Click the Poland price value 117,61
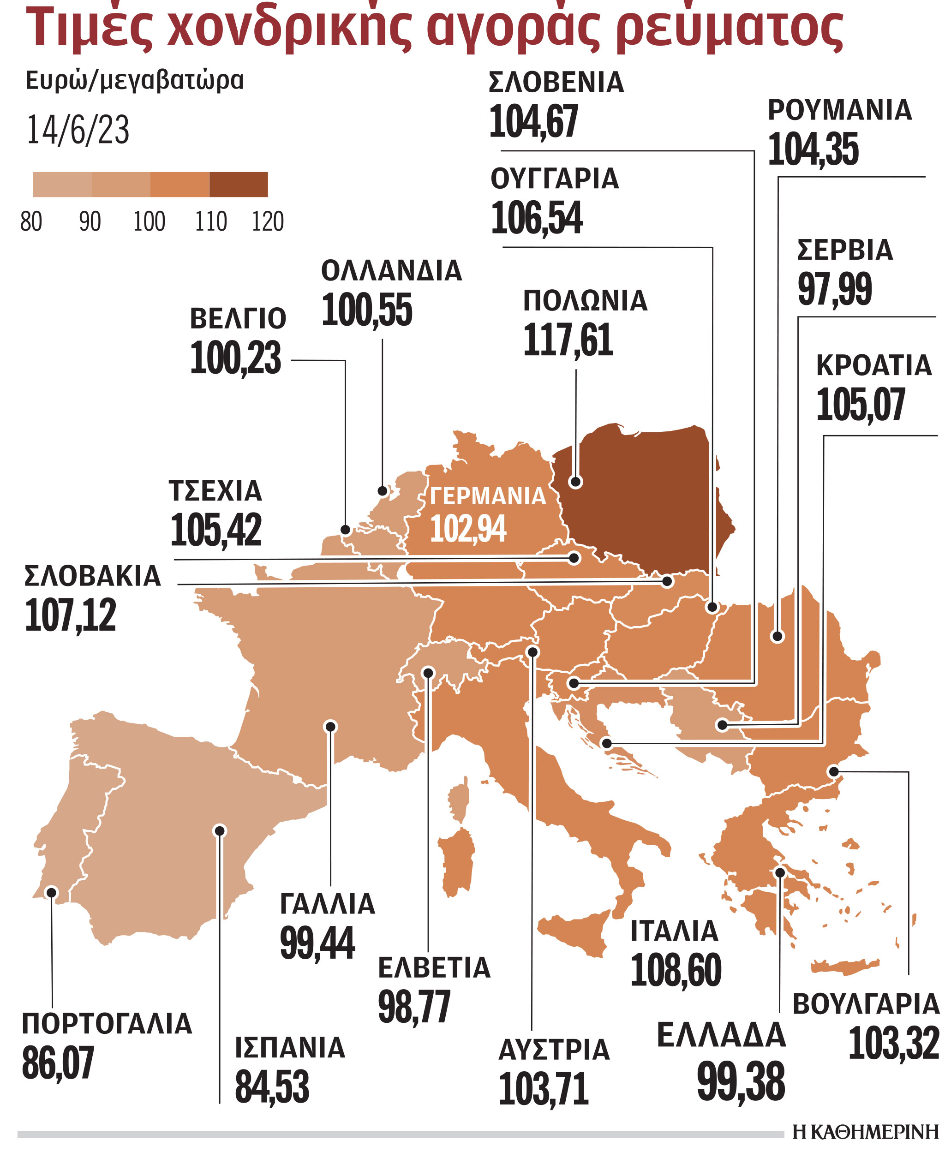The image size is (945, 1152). click(x=568, y=340)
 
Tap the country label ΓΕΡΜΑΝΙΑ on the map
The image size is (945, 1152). click(x=487, y=496)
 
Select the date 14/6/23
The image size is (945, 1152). click(x=78, y=130)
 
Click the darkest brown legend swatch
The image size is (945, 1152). click(x=239, y=185)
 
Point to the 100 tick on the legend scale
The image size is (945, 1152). click(x=149, y=221)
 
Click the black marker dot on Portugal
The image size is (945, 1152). click(x=52, y=892)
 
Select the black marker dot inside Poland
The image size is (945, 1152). click(x=575, y=482)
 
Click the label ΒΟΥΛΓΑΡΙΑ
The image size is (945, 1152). click(x=866, y=1004)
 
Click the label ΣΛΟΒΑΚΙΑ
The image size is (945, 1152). click(x=93, y=576)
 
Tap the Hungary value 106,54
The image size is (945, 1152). click(x=536, y=218)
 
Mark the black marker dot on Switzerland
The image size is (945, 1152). click(x=428, y=673)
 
